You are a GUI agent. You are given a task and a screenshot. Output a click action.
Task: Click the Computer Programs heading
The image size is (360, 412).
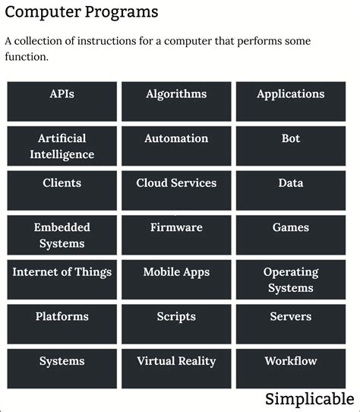[81, 13]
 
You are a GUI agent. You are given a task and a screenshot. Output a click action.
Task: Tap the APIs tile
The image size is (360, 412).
[62, 101]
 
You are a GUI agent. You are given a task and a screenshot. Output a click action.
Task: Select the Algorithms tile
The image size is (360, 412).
[176, 101]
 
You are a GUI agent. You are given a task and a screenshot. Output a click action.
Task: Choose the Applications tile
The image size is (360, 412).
[290, 101]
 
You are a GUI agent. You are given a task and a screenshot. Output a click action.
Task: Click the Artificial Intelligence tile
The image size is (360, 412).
[62, 146]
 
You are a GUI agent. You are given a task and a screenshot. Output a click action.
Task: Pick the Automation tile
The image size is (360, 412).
[176, 146]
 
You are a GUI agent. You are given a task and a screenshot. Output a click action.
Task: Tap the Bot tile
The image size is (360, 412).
[290, 146]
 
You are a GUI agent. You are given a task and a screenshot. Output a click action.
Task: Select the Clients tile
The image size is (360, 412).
[62, 190]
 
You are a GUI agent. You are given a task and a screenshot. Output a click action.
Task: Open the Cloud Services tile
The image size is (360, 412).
[176, 190]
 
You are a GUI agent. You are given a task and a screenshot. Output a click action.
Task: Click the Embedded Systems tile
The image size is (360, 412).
[62, 235]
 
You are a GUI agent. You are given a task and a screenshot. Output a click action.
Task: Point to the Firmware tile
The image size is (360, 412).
[176, 235]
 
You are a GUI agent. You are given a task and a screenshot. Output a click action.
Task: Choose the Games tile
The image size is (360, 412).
[290, 235]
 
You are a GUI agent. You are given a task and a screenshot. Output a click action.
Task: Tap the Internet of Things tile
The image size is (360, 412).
[62, 279]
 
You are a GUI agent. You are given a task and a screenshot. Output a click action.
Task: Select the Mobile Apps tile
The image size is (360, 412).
[176, 279]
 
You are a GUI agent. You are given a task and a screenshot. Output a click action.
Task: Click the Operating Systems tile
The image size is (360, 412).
[290, 279]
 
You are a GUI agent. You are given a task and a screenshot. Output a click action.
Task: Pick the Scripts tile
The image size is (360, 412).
[176, 324]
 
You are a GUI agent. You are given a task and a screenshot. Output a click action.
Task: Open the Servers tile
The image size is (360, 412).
[290, 324]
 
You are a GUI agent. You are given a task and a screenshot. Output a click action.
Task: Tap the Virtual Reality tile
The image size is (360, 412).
[176, 368]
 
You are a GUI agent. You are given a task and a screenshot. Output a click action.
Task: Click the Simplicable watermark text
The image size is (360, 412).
[309, 399]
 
